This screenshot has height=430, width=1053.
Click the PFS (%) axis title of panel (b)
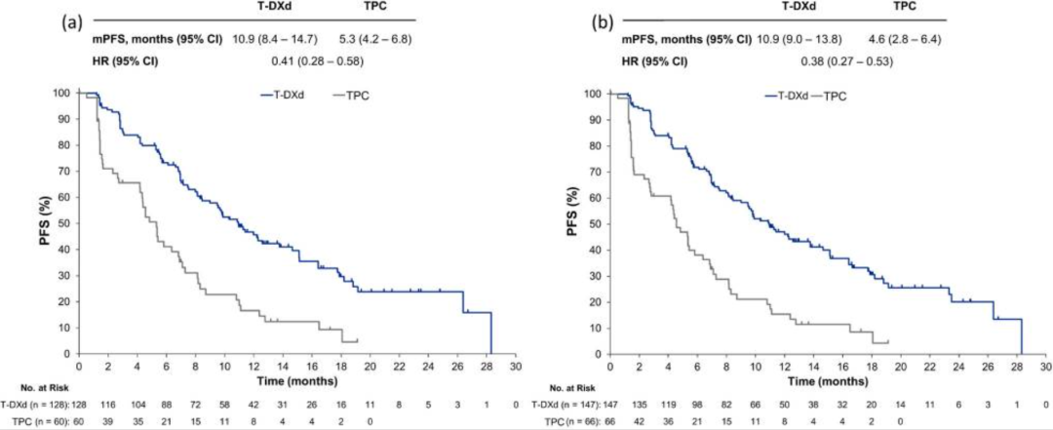pyautogui.click(x=575, y=222)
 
